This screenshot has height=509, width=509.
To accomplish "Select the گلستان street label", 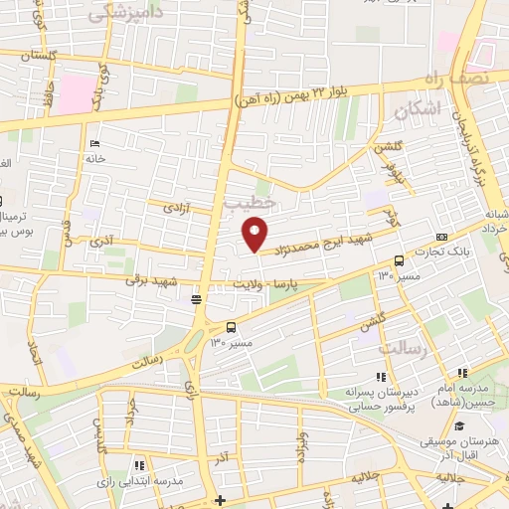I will pos(30,57).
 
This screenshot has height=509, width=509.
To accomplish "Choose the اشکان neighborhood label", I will pos(417,110).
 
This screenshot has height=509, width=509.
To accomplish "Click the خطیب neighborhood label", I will pos(248,203).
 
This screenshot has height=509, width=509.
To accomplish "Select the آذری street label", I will pos(101,242).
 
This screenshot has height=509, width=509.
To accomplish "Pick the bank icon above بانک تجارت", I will pos(441,237).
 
